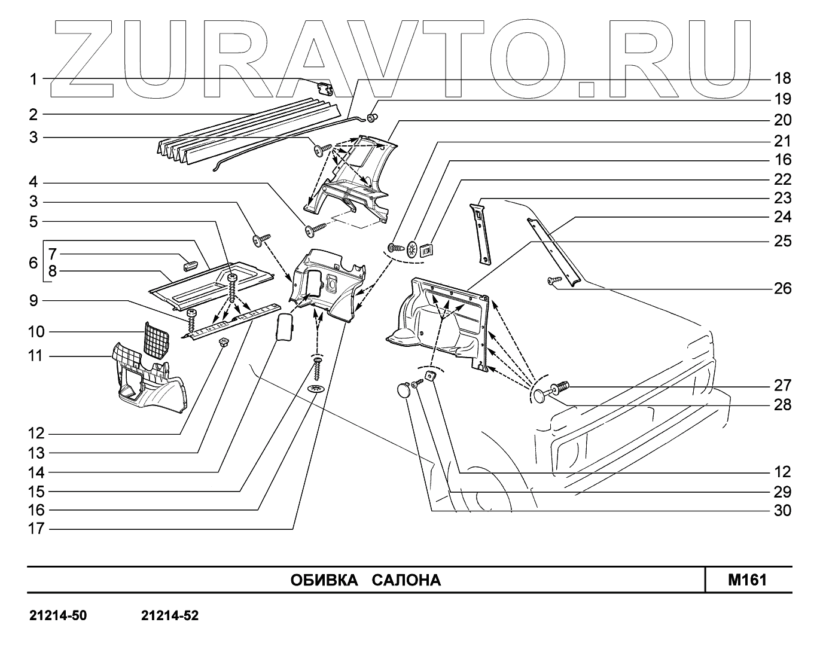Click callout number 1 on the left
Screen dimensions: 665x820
pos(33,79)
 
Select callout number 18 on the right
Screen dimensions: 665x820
pos(782,78)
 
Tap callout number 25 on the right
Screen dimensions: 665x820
pos(782,241)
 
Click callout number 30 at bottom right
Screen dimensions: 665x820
pos(782,511)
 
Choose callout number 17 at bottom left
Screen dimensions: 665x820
pos(36,529)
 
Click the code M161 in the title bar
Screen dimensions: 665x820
pos(747,579)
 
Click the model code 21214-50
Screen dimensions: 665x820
pos(59,615)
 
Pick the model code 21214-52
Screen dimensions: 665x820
pos(170,615)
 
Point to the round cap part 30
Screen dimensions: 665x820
pos(406,390)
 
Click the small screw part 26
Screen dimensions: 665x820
pos(553,279)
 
